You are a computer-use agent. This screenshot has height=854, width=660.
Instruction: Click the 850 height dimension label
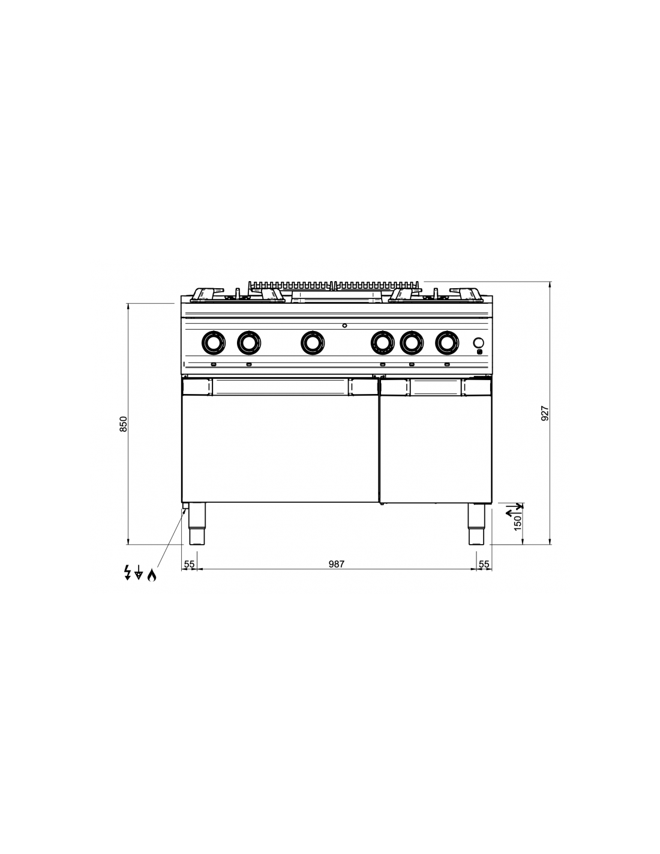click(123, 424)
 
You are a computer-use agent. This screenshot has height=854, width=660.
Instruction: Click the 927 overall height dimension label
click(545, 413)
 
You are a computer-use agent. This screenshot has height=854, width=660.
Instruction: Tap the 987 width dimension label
click(337, 564)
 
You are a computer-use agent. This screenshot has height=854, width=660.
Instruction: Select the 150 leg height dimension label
click(518, 523)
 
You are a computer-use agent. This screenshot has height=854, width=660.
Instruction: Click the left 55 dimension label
click(189, 564)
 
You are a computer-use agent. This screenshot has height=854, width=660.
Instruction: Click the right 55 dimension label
click(484, 564)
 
